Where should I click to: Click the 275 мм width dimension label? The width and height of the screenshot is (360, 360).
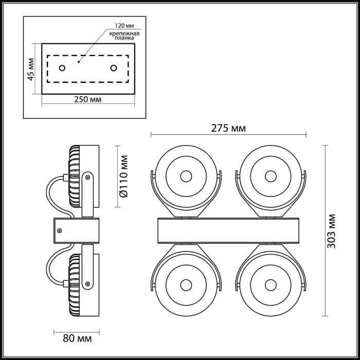click(x=228, y=129)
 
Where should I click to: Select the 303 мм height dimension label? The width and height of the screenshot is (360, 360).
click(x=331, y=231)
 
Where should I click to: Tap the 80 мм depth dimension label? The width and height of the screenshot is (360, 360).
click(x=77, y=338)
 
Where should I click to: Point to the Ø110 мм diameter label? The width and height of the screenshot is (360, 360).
click(x=124, y=176)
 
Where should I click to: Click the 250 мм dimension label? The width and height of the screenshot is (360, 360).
click(x=88, y=99)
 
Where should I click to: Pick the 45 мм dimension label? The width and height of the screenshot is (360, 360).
click(x=30, y=69)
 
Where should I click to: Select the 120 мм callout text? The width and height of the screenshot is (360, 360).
click(x=124, y=26)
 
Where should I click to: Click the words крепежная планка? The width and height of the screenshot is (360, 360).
click(x=124, y=35)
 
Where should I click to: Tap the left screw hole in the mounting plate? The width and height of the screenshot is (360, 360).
click(x=62, y=68)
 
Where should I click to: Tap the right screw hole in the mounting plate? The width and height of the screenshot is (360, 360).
click(x=114, y=68)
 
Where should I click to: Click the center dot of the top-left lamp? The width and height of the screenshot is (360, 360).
click(x=186, y=176)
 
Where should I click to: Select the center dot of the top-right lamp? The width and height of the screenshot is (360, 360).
click(x=271, y=176)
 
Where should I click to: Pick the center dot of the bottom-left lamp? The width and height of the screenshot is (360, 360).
click(x=186, y=285)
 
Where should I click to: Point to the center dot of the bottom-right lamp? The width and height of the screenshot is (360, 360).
click(x=271, y=285)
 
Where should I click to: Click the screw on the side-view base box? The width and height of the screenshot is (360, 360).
click(x=60, y=230)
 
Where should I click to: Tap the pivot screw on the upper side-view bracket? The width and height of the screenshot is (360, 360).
click(x=87, y=177)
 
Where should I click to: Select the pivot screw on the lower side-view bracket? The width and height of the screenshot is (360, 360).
click(x=87, y=284)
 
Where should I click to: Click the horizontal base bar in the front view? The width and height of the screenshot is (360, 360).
click(x=228, y=230)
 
